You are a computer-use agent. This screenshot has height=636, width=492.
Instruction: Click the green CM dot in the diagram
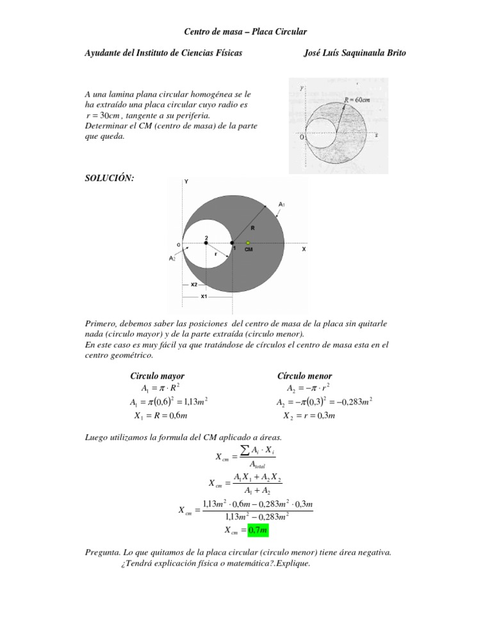click(248, 242)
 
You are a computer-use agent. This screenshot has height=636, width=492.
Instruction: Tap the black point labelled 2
click(206, 242)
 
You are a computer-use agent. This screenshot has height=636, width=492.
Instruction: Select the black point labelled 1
click(232, 242)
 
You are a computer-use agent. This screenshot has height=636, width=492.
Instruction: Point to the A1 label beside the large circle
click(282, 204)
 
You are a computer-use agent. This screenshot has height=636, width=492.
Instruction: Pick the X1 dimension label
click(204, 297)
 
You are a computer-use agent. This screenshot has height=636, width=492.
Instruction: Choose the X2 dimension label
click(193, 284)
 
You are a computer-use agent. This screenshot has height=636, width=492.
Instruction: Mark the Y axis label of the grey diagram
click(186, 181)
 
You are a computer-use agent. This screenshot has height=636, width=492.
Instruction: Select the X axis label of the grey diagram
click(304, 250)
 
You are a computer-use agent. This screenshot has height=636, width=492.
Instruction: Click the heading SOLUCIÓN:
click(110, 179)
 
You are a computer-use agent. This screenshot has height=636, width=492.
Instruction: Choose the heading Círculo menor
click(304, 376)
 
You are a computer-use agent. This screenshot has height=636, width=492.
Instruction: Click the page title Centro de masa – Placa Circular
click(245, 31)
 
